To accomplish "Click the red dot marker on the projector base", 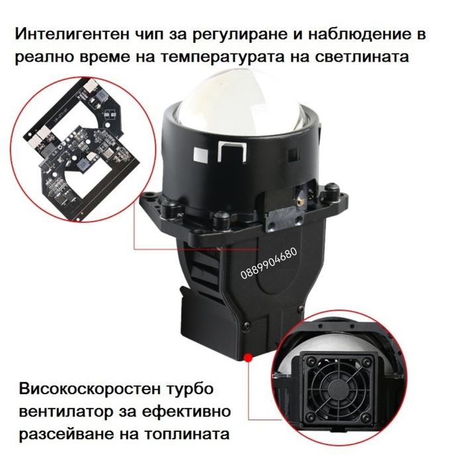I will point(248,358).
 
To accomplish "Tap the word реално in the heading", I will point(48,57).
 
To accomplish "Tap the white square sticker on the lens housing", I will point(198,152).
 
